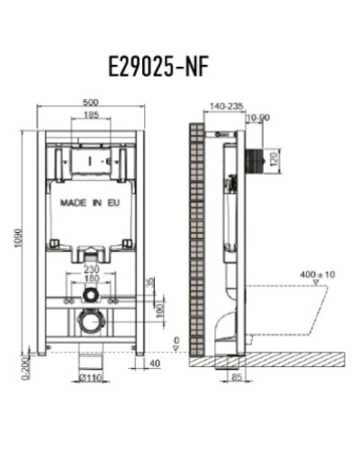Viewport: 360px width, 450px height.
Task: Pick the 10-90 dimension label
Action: coord(258,117)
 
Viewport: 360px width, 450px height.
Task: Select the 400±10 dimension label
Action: coord(319,273)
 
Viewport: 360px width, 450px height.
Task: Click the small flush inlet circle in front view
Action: coord(89,294)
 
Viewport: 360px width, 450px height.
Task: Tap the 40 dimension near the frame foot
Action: coord(154,364)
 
